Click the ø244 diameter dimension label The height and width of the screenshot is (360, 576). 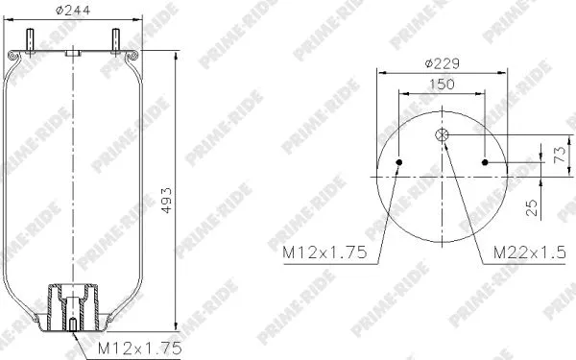point(74,13)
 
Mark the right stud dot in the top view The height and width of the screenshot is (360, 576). point(486,161)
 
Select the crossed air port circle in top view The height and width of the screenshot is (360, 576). point(443,136)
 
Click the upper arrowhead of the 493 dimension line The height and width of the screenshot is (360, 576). point(176,55)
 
